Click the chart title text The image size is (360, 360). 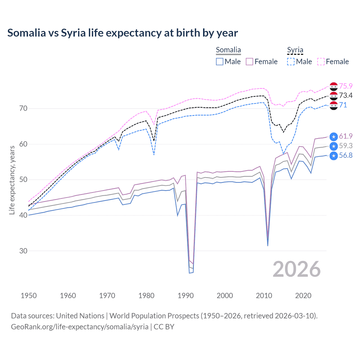point(123,33)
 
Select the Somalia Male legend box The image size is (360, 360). point(220,62)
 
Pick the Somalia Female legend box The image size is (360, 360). point(249,62)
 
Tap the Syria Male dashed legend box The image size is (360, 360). point(291,62)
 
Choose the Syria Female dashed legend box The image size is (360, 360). point(321,62)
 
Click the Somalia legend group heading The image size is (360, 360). point(228,50)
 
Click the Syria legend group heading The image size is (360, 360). point(295,50)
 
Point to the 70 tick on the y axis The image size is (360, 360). point(23,108)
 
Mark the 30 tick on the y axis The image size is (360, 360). point(23,251)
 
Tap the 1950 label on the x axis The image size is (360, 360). point(29,296)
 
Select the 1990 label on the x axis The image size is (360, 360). point(186,296)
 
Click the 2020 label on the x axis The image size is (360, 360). point(303,296)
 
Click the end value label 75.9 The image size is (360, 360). point(346,86)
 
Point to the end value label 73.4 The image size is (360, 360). point(346,96)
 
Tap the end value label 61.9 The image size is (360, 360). point(346,136)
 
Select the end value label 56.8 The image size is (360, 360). point(346,156)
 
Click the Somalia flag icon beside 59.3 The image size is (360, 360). point(334,146)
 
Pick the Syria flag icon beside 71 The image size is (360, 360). point(334,105)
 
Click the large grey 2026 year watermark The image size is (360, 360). point(296,269)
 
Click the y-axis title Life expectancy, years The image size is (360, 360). point(12,180)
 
